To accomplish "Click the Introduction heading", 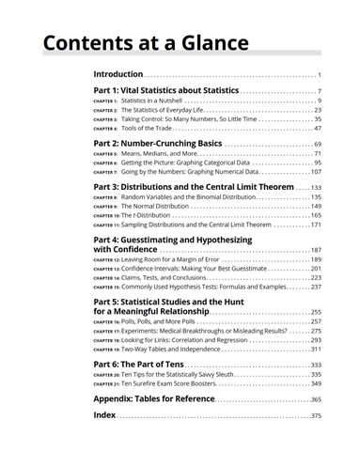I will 118,74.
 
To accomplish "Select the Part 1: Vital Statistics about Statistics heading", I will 166,90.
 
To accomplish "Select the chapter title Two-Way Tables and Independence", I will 169,349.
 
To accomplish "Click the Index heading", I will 104,414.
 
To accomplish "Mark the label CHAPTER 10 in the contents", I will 105,215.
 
